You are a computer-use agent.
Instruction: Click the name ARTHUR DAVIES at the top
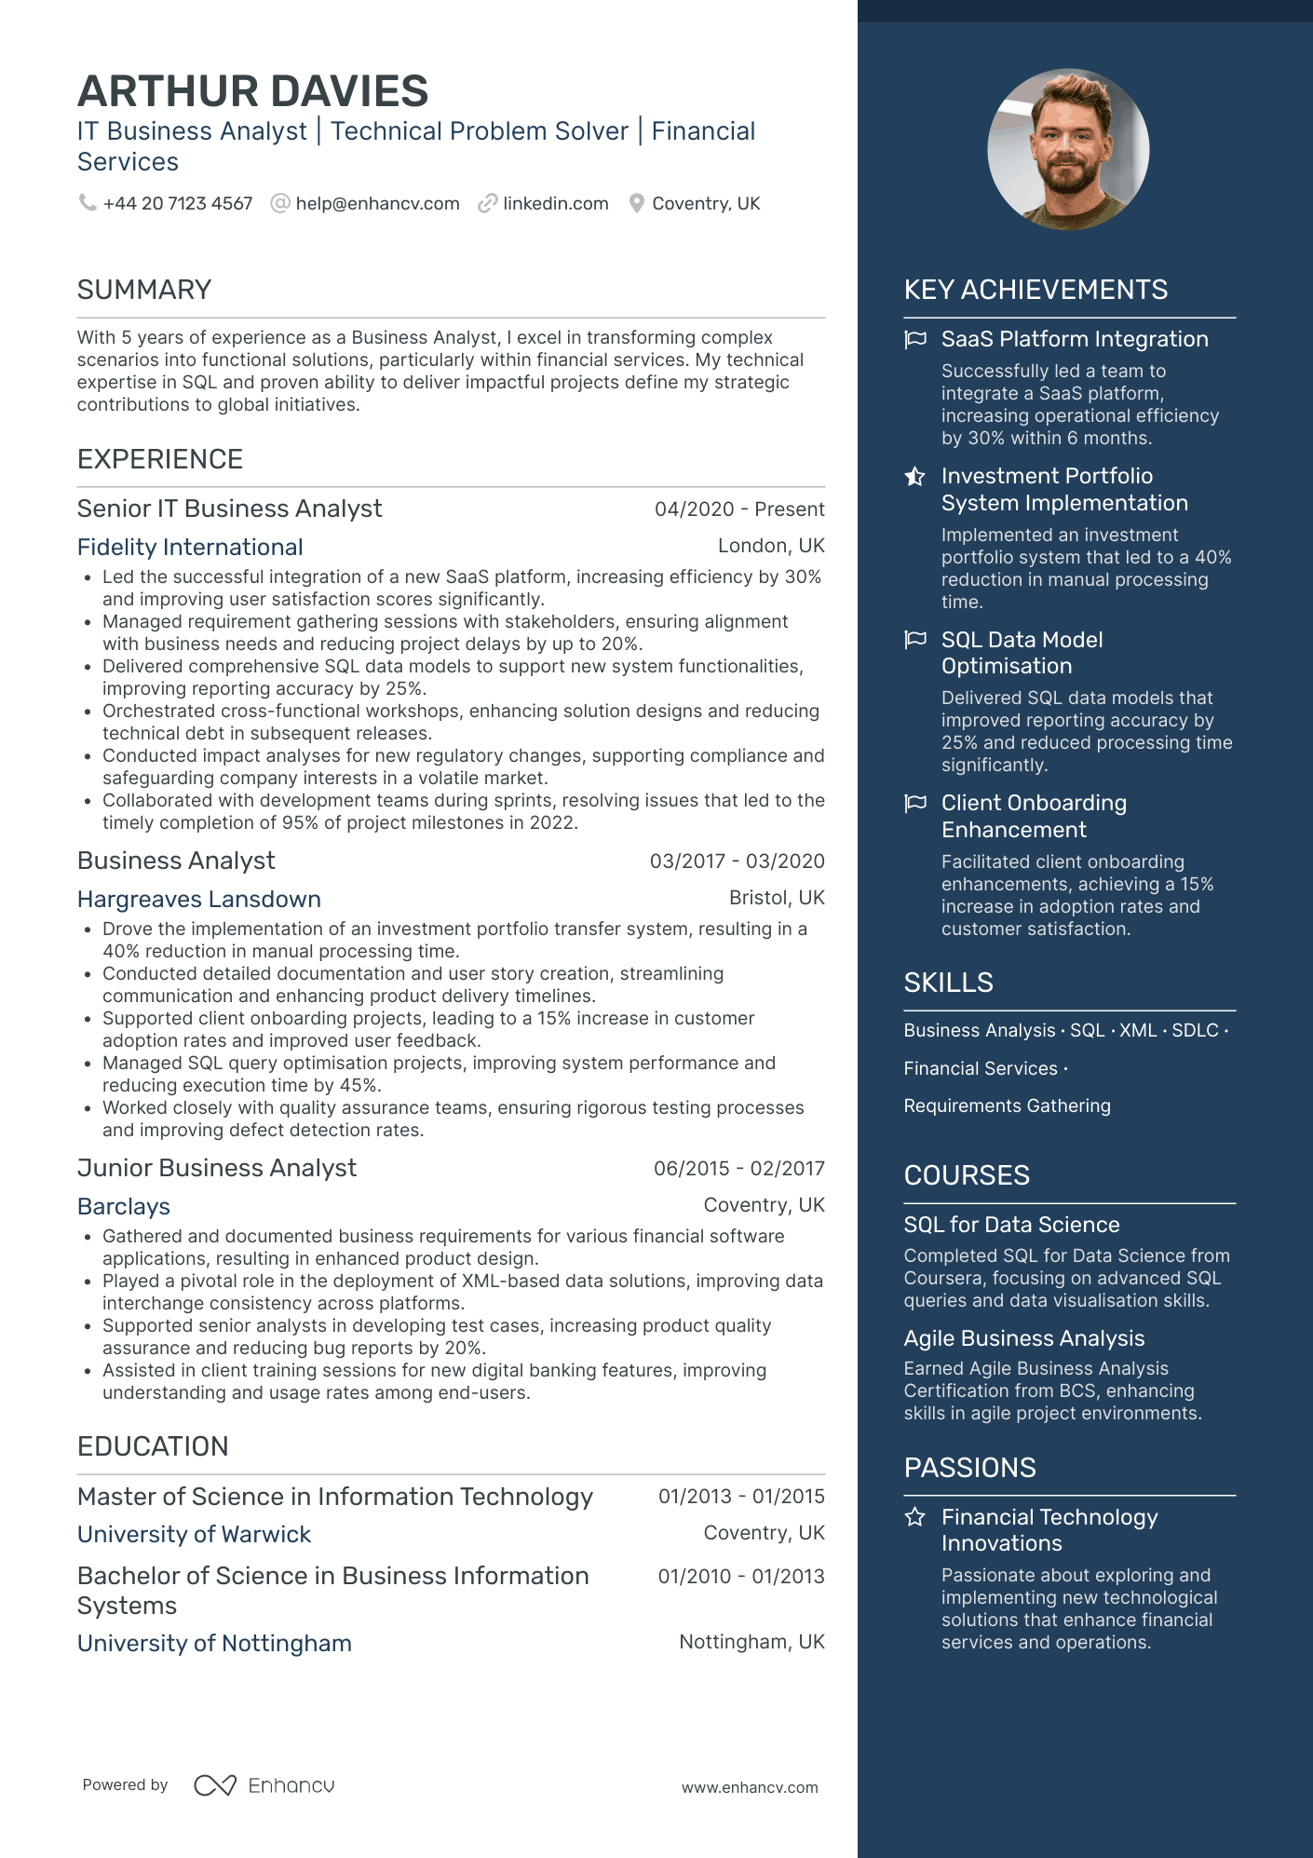pos(252,91)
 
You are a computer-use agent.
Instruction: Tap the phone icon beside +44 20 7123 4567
pos(88,202)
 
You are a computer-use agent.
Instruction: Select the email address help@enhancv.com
pos(377,203)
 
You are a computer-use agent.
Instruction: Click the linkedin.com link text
pos(555,203)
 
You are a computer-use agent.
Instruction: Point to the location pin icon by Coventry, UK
pos(636,203)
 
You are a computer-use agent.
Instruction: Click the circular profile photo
pos(1068,149)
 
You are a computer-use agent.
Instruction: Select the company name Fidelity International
pos(190,548)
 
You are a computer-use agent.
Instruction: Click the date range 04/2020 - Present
pos(739,509)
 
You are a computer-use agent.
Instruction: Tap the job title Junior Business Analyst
pos(217,1168)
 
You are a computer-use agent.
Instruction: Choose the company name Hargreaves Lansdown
pos(199,900)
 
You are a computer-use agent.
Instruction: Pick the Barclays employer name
pos(124,1207)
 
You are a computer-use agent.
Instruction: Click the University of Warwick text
pos(194,1535)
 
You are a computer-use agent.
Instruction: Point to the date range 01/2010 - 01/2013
pos(741,1577)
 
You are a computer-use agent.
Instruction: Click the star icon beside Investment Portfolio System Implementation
pos(915,477)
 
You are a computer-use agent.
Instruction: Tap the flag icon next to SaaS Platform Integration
pos(915,339)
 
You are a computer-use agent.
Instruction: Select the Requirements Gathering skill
pos(1007,1105)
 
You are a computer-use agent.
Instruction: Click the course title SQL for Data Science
pos(1011,1225)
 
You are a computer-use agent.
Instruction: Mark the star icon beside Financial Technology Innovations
pos(915,1517)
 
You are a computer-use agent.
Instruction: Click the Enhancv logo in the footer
pos(264,1785)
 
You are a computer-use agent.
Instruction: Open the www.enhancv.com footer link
pos(750,1787)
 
